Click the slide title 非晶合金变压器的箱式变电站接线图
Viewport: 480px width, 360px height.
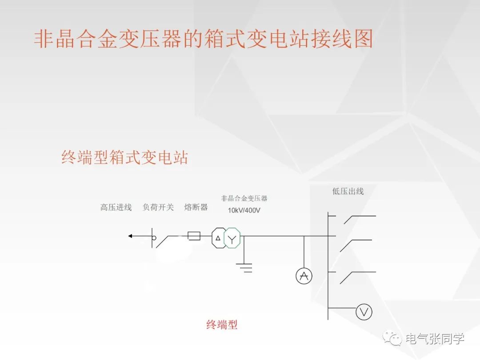(203, 39)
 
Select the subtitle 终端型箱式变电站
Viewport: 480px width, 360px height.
(124, 157)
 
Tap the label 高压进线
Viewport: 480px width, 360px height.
(116, 207)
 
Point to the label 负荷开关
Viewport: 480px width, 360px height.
(158, 207)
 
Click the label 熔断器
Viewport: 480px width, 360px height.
(196, 207)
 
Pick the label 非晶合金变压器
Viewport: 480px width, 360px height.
(244, 198)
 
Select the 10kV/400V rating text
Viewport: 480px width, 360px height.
(244, 210)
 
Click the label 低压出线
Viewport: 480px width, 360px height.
(348, 191)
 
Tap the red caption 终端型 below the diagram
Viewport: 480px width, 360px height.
(222, 325)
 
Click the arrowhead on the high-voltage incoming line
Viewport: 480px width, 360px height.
(131, 236)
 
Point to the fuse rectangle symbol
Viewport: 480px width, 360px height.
(194, 236)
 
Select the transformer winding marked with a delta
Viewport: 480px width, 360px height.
(218, 238)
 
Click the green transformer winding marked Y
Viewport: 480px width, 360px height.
(232, 238)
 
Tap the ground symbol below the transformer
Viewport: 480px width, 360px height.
(244, 267)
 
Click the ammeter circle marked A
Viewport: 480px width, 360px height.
(304, 276)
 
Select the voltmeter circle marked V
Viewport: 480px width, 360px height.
(364, 312)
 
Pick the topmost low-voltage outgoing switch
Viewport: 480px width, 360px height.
(351, 220)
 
